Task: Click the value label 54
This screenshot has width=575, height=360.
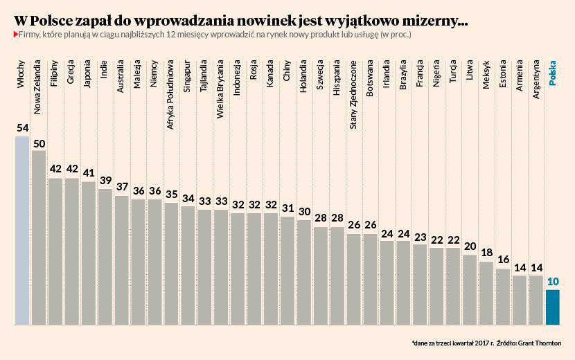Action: click(22, 129)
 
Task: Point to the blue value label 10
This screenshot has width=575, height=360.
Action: click(553, 282)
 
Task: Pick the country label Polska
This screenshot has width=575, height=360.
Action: click(553, 73)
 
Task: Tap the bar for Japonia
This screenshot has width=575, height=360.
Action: click(89, 253)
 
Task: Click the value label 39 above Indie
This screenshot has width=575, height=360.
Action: click(105, 181)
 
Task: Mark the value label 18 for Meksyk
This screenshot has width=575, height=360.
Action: click(486, 253)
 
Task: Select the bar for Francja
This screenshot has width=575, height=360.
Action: click(420, 284)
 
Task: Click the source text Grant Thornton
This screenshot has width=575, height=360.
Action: click(540, 343)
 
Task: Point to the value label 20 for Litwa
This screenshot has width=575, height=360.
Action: click(470, 247)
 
